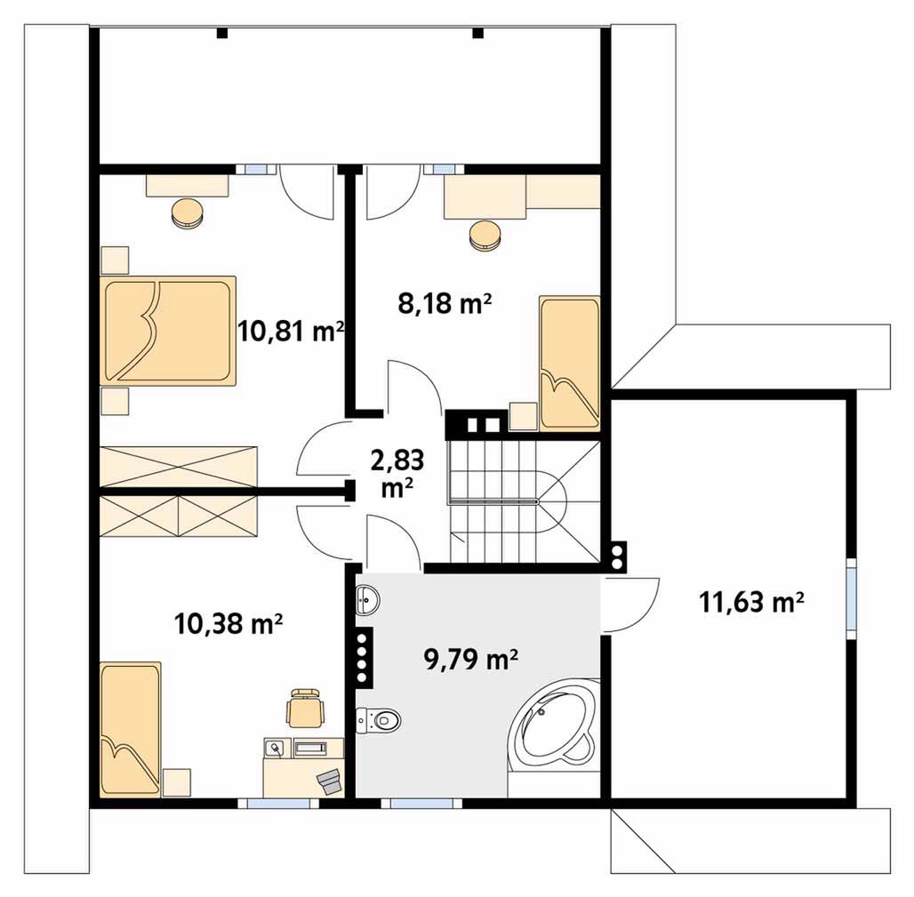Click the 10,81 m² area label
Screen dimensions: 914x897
(x=290, y=332)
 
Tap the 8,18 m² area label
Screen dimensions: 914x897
(x=445, y=304)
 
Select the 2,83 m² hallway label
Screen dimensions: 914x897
(x=397, y=473)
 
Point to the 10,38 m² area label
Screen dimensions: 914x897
(x=228, y=624)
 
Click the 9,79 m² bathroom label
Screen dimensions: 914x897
(x=471, y=660)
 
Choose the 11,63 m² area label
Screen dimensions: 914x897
(x=751, y=602)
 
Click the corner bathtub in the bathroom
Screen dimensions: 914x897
(x=554, y=724)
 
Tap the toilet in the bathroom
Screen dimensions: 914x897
(x=379, y=720)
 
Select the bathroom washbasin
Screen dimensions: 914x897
(x=367, y=599)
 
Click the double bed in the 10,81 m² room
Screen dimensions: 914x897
(x=168, y=331)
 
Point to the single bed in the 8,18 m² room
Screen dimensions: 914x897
(x=570, y=363)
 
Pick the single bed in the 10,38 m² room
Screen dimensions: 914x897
(x=130, y=729)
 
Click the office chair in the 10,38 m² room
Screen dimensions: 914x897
(x=305, y=708)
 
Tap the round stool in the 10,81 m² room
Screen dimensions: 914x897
(x=188, y=213)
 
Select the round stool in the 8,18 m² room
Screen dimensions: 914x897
(x=485, y=236)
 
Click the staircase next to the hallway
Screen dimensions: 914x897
(x=524, y=501)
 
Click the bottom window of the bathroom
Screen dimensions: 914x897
(x=421, y=804)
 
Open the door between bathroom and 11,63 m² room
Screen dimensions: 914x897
(x=630, y=605)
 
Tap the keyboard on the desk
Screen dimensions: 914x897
(x=312, y=748)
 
